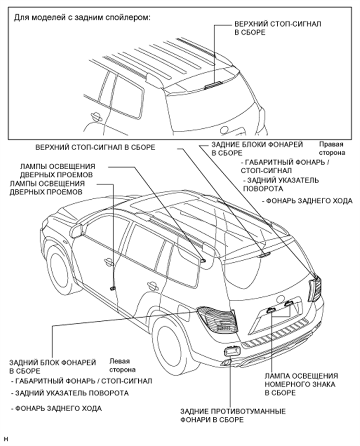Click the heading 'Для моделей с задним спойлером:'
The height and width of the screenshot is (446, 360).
click(x=81, y=17)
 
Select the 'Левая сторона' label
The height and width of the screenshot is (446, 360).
click(x=119, y=365)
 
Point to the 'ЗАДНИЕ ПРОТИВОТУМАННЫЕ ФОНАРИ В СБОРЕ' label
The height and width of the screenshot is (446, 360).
click(x=233, y=416)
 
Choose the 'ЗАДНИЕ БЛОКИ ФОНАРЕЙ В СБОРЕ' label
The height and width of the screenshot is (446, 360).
click(x=257, y=149)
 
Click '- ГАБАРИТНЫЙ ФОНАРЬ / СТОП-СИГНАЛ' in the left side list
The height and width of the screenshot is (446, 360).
click(x=81, y=381)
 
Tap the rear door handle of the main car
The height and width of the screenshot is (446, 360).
click(x=153, y=286)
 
